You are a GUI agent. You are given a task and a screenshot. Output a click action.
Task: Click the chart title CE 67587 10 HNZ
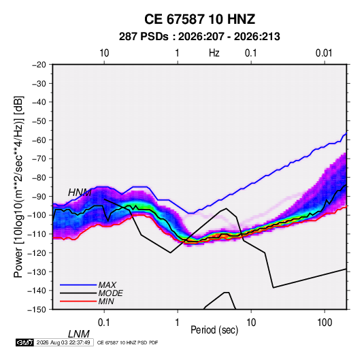click(x=199, y=19)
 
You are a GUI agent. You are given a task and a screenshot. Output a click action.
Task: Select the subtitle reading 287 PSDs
click(x=144, y=37)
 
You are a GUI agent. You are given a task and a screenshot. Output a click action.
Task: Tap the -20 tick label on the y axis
click(x=39, y=65)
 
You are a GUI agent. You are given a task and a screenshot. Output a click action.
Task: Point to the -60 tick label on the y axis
click(x=39, y=140)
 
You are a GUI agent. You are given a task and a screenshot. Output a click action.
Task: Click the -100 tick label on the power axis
click(x=37, y=215)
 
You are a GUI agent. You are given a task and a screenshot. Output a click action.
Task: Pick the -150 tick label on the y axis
click(x=37, y=310)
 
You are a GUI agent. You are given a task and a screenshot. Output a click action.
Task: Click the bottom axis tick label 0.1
click(x=104, y=323)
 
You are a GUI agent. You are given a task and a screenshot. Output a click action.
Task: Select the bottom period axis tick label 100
click(x=325, y=323)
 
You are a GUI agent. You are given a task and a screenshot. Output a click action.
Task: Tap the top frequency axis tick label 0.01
click(x=324, y=53)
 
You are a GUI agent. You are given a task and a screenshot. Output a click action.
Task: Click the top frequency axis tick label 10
click(x=104, y=53)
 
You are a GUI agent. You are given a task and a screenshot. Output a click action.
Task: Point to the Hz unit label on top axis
click(x=214, y=53)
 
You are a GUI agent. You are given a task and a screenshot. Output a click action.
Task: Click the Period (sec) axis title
click(x=214, y=330)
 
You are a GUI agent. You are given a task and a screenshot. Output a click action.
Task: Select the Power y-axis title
click(x=18, y=186)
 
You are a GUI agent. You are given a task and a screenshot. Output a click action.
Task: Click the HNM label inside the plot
click(x=80, y=193)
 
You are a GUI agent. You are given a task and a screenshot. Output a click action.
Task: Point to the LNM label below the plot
click(x=79, y=334)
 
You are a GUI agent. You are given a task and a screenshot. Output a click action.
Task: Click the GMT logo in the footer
click(x=25, y=342)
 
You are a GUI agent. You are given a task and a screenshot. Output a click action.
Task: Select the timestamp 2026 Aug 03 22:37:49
click(x=63, y=342)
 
